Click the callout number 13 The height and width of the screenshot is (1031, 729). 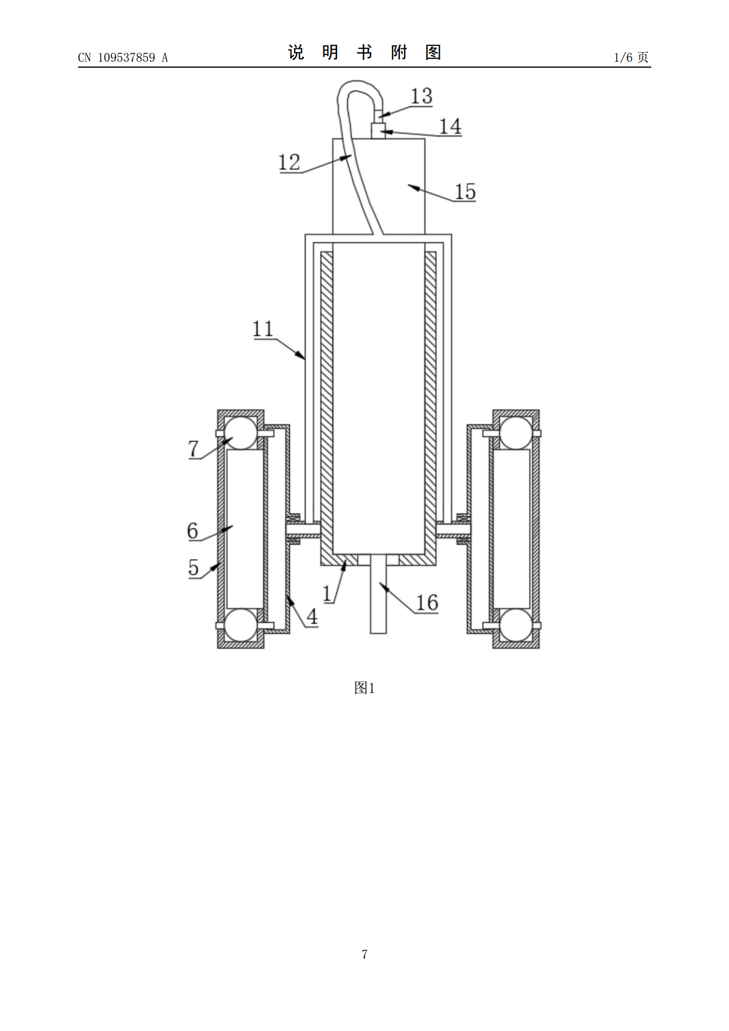(421, 96)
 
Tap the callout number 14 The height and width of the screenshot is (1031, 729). (450, 126)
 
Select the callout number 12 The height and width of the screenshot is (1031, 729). (289, 162)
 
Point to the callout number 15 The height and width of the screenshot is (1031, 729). (465, 192)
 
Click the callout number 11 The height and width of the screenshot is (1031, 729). (263, 329)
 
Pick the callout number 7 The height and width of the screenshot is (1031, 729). (194, 448)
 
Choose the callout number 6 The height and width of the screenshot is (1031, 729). (192, 531)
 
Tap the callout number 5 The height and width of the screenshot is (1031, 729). (194, 567)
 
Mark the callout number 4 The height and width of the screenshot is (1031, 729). (312, 617)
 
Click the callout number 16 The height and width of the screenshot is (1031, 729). (427, 602)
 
